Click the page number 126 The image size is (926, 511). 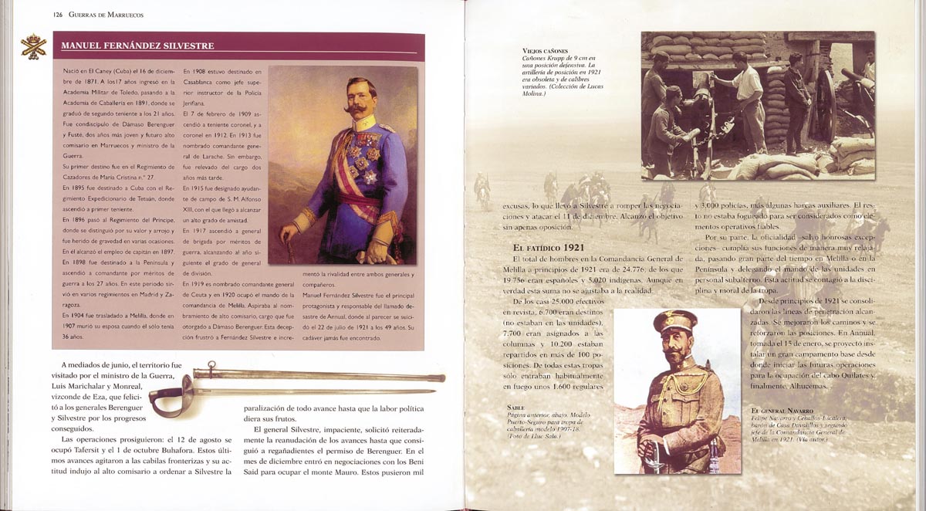[58, 15]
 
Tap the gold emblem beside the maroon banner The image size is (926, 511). [33, 47]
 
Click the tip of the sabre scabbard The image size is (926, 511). [441, 377]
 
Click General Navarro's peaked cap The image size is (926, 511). [674, 323]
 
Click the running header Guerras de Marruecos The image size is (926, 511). [106, 15]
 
